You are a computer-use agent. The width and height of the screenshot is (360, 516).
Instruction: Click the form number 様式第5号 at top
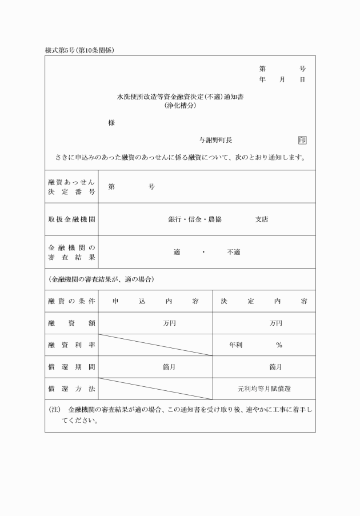pyautogui.click(x=59, y=50)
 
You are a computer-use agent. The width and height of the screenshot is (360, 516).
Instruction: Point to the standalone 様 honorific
pyautogui.click(x=111, y=123)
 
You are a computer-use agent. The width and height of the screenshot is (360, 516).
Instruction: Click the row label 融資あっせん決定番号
pyautogui.click(x=71, y=186)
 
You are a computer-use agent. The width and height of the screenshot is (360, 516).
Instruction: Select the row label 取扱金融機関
pyautogui.click(x=71, y=219)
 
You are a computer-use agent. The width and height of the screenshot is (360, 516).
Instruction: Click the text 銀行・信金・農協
pyautogui.click(x=195, y=219)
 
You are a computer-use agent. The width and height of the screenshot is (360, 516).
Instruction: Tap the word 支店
pyautogui.click(x=261, y=219)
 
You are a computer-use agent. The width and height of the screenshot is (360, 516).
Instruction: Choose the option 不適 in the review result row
pyautogui.click(x=234, y=252)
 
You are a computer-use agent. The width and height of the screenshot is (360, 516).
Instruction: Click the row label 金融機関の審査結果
pyautogui.click(x=71, y=252)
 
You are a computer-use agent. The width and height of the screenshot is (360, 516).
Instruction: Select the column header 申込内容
pyautogui.click(x=155, y=301)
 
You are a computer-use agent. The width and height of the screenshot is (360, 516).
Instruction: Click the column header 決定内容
pyautogui.click(x=263, y=301)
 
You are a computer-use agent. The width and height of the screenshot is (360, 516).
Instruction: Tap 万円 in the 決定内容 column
pyautogui.click(x=276, y=323)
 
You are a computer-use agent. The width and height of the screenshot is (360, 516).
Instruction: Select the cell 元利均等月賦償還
pyautogui.click(x=264, y=389)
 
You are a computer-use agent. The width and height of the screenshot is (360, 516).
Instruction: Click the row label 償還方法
pyautogui.click(x=71, y=389)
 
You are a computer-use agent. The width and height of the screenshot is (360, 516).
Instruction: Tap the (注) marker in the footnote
pyautogui.click(x=55, y=410)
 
